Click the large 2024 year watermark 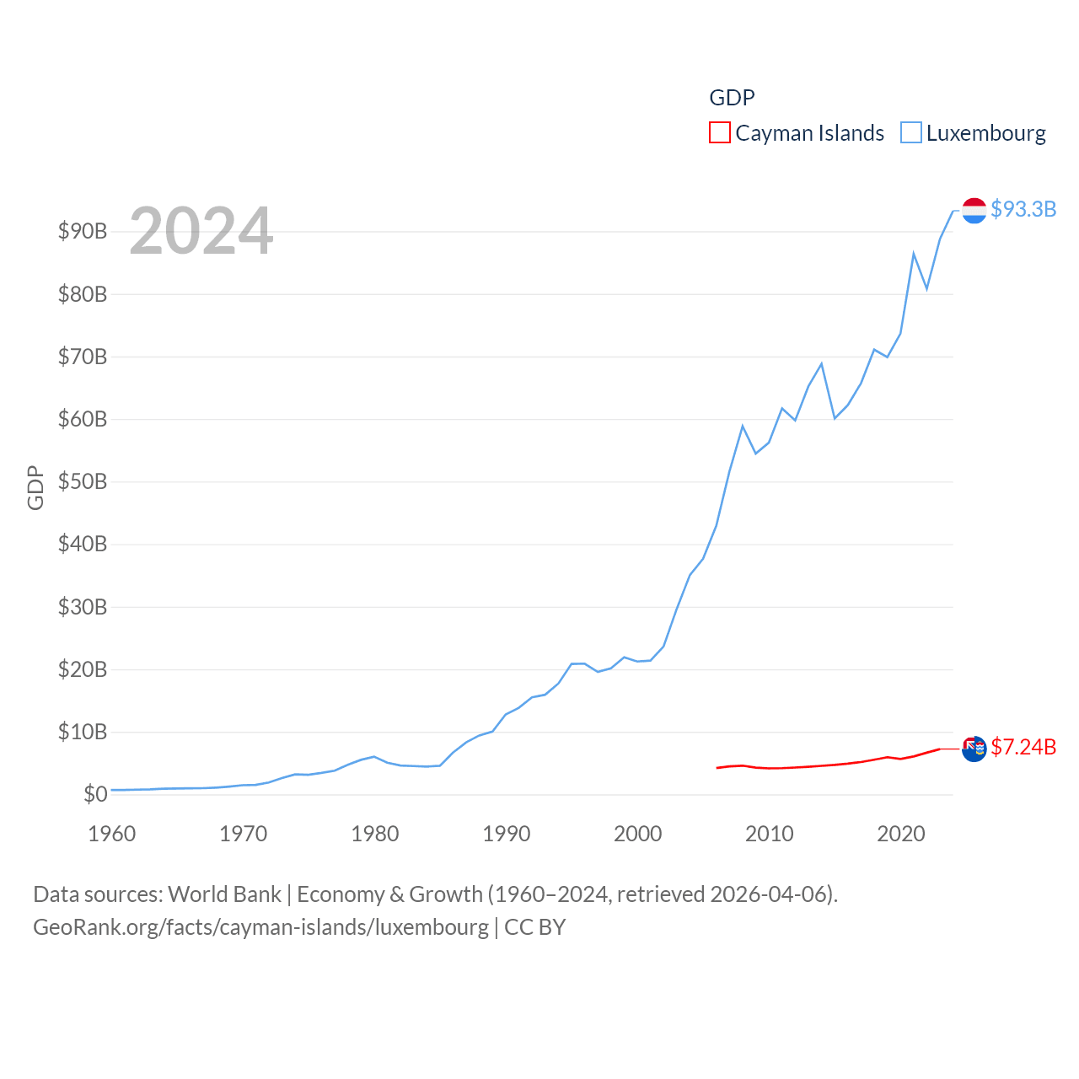click(x=201, y=231)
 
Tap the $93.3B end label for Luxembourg click(x=1023, y=209)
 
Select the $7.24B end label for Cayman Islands click(x=1023, y=747)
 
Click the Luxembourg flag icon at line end click(x=974, y=211)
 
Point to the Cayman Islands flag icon click(x=974, y=749)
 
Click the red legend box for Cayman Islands click(x=719, y=133)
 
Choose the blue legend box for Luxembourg click(x=910, y=133)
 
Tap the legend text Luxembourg click(x=985, y=133)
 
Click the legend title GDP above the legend click(x=732, y=98)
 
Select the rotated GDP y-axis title click(x=35, y=487)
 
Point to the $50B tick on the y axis click(x=83, y=481)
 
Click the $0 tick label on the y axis click(x=95, y=794)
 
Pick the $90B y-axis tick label click(x=83, y=231)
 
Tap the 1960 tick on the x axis click(x=112, y=834)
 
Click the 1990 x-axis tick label click(x=507, y=834)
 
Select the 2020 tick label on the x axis click(x=901, y=834)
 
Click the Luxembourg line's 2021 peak click(x=914, y=253)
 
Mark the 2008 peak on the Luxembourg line click(x=743, y=426)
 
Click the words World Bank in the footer click(x=224, y=894)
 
